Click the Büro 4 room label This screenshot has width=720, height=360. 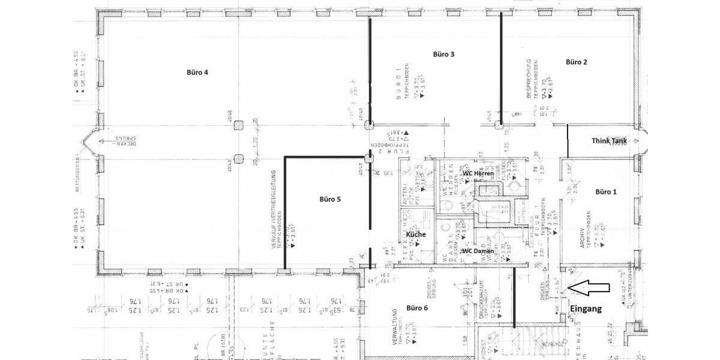point(197,73)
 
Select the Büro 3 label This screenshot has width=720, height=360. point(443,54)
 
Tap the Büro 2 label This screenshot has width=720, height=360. point(576,62)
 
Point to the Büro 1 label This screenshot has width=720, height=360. point(605,192)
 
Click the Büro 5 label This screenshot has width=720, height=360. point(330,199)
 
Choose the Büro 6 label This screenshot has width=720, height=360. point(417,308)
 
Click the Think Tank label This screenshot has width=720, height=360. point(609,140)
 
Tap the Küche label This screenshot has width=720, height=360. point(416,234)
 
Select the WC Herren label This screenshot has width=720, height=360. point(478,173)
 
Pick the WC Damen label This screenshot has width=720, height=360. point(478,250)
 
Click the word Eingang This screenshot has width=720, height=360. point(585,309)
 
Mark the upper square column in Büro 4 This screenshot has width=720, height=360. point(239,125)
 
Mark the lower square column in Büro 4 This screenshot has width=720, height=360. point(239,158)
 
